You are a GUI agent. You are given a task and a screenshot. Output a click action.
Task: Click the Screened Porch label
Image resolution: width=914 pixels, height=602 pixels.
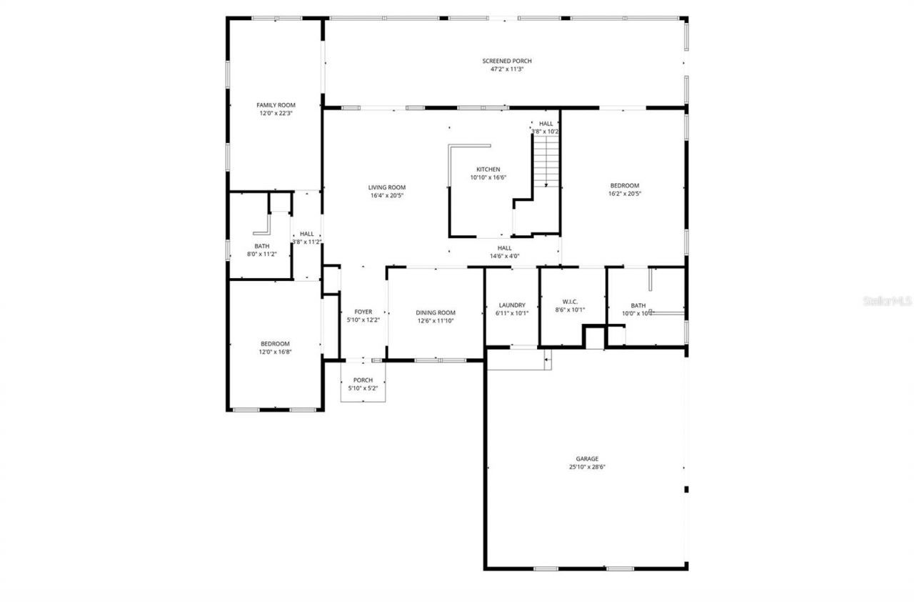point(506,61)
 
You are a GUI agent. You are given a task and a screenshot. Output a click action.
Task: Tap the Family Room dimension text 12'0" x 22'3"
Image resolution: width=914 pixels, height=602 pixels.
point(276,113)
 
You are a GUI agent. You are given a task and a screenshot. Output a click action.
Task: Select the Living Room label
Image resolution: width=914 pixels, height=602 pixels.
point(387,187)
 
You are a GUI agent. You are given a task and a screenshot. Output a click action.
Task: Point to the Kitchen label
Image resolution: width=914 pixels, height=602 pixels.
point(488,169)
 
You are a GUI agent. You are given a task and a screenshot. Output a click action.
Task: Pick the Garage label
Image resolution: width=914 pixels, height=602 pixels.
point(587,458)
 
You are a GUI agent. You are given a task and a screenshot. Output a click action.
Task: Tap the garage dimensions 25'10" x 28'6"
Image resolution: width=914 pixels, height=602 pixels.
point(587,467)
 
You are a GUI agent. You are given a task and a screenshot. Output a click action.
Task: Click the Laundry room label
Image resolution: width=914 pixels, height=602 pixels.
point(512,305)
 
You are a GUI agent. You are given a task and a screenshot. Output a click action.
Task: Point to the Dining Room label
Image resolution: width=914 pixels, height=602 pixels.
point(436,312)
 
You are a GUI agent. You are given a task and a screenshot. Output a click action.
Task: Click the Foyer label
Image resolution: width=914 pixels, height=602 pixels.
point(363,312)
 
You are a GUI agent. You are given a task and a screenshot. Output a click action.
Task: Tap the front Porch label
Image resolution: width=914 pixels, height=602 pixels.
point(363,380)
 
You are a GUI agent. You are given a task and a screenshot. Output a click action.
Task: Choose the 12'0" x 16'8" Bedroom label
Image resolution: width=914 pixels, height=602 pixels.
point(275,343)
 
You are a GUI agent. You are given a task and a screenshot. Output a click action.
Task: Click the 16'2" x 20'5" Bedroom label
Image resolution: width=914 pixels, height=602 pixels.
point(623,185)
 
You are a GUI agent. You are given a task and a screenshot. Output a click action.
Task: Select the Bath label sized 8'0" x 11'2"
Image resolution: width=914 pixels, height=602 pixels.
point(261,246)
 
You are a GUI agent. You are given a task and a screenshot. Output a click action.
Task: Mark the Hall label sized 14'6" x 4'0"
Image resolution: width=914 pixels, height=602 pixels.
point(504,247)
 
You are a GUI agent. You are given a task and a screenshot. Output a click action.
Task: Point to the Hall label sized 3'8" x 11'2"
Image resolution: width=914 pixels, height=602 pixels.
point(306,234)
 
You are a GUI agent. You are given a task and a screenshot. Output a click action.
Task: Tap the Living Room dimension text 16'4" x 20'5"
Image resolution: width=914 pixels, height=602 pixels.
point(387,196)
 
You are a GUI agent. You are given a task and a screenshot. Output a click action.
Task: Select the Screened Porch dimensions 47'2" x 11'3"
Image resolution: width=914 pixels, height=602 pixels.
point(506,69)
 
